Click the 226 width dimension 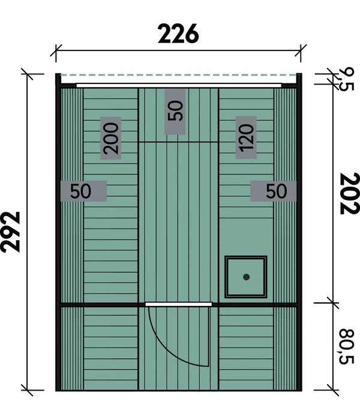tap(178, 34)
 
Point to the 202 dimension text tap(348, 193)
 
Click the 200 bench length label tap(110, 137)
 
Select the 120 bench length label tap(247, 137)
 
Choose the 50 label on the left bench tap(81, 191)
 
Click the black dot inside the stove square tap(246, 277)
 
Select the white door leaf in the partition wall tap(178, 304)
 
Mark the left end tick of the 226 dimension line tap(56, 52)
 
